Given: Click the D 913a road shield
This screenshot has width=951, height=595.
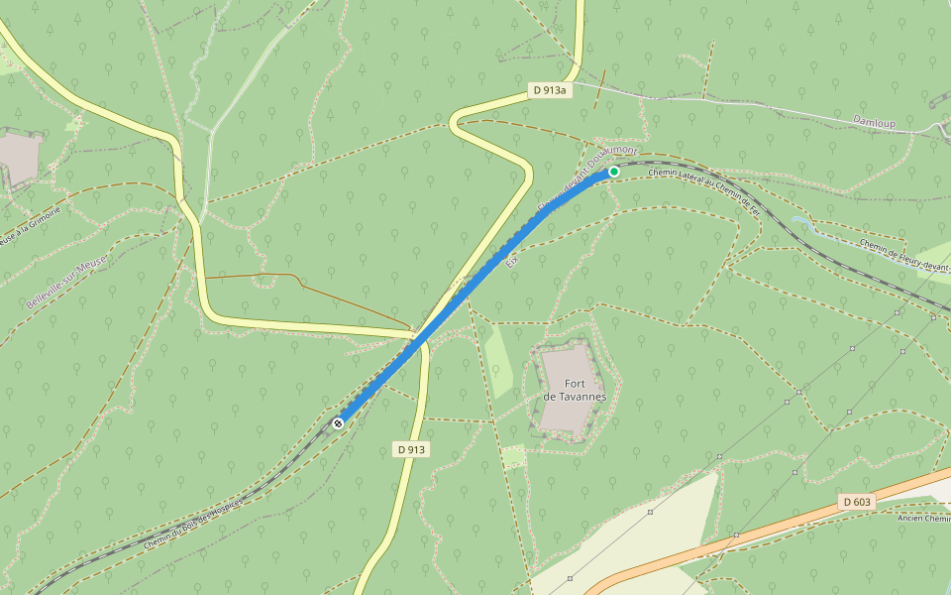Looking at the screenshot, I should [x=549, y=90].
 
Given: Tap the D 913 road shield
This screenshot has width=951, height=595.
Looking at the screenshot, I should [x=411, y=449].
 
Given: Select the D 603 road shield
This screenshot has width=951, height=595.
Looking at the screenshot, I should [x=858, y=502].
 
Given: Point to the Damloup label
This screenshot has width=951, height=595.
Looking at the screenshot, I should [x=874, y=122].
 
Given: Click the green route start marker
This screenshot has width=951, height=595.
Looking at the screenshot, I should [x=614, y=172].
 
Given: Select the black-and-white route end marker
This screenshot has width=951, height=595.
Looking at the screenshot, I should [x=339, y=423].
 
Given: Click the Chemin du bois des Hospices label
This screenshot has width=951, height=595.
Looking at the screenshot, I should [x=193, y=523].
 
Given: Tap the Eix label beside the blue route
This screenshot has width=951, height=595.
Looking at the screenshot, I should [x=512, y=261].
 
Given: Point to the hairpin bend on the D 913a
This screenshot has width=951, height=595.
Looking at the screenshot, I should [x=456, y=125].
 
